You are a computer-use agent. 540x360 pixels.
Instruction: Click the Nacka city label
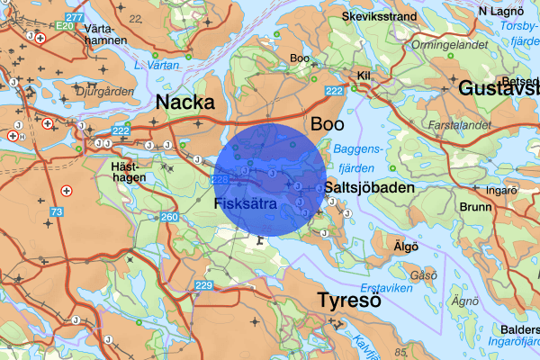point(185,102)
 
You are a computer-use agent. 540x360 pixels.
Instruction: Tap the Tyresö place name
point(349,300)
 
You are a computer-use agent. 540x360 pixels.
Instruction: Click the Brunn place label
point(475,206)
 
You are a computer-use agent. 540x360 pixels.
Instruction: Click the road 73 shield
point(58,211)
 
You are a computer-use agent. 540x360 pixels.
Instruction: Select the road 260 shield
point(169,218)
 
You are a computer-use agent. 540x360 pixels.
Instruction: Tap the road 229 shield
point(204,285)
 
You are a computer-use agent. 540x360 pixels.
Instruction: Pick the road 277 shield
point(76,17)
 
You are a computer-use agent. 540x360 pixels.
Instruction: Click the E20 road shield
point(63,26)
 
